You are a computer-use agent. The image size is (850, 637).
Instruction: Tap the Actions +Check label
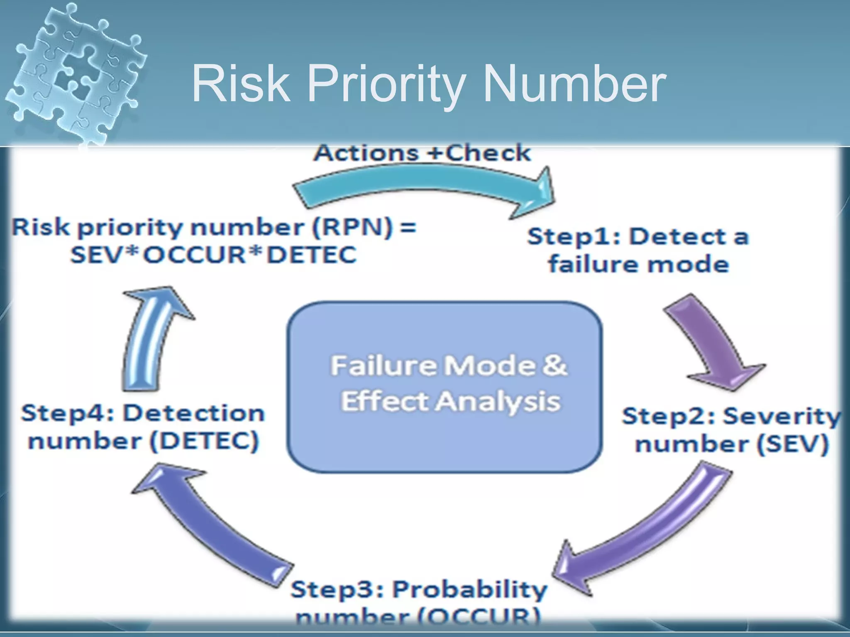[x=422, y=153]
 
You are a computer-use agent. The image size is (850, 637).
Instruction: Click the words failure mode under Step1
[x=638, y=264]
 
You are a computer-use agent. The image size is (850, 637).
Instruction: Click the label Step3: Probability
[x=419, y=589]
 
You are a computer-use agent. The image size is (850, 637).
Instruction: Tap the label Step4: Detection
[x=143, y=413]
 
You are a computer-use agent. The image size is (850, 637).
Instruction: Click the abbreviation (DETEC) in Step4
[x=204, y=440]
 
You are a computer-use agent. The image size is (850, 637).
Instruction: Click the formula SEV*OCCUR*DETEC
[x=213, y=254]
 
